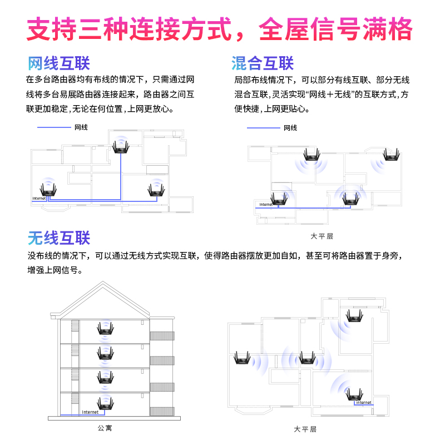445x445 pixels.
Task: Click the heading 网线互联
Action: (59, 63)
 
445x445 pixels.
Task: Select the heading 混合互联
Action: (263, 63)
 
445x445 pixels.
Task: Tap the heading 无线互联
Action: (59, 238)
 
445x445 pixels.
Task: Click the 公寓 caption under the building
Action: (105, 428)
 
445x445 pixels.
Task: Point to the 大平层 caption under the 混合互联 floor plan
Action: (322, 236)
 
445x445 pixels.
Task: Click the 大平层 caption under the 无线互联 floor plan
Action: (305, 429)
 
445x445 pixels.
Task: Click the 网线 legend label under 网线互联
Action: (81, 127)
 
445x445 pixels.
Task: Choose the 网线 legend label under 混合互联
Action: (290, 128)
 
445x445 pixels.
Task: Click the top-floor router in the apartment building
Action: (105, 328)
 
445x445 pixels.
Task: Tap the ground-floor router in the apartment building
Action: (105, 403)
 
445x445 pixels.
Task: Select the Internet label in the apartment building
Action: (90, 412)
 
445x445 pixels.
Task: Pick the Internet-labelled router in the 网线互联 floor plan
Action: (48, 190)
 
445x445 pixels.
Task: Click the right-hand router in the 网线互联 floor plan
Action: (156, 190)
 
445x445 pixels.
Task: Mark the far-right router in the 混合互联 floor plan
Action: (392, 155)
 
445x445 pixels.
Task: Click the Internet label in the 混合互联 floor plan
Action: (266, 204)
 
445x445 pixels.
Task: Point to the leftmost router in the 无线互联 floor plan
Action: (242, 358)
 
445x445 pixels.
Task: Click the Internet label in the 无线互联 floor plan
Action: (364, 402)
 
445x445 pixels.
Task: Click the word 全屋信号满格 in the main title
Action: (335, 29)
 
